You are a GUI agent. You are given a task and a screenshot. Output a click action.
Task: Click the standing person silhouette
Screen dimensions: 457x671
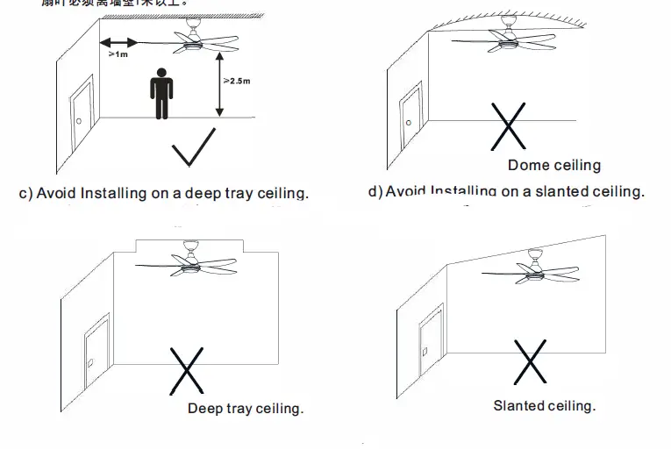point(161,92)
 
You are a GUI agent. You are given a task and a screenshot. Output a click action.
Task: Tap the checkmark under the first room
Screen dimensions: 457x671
point(194,147)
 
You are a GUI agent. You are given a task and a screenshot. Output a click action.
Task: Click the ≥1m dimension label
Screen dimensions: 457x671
point(118,55)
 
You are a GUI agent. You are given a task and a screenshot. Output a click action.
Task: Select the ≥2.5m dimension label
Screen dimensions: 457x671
point(237,81)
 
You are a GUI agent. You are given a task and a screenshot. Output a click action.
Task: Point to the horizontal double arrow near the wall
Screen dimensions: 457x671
point(119,42)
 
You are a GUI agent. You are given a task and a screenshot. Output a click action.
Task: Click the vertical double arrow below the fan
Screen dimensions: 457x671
point(218,82)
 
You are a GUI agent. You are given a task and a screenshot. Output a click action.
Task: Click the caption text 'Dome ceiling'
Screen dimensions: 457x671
point(553,165)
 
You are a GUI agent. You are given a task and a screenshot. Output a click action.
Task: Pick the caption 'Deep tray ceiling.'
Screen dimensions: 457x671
point(245,409)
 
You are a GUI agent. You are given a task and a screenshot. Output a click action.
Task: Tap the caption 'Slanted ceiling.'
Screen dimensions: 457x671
point(544,405)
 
